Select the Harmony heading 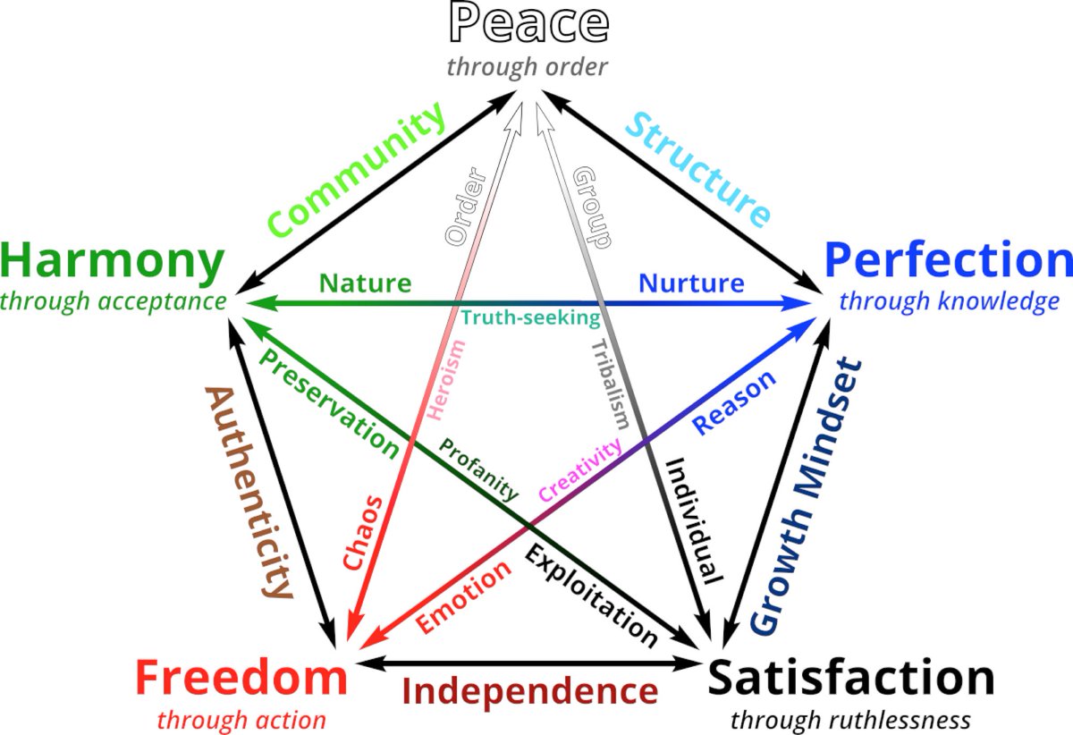[x=113, y=262]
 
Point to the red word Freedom [x=241, y=680]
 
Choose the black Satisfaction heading [x=851, y=679]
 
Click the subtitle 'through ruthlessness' [x=850, y=719]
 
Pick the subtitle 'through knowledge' [x=949, y=301]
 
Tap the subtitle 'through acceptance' [x=113, y=301]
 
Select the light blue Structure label [x=697, y=169]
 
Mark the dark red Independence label [x=530, y=691]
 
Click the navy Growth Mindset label [x=806, y=495]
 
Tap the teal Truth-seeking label [x=530, y=317]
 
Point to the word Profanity [x=478, y=469]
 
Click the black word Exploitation [x=591, y=595]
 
